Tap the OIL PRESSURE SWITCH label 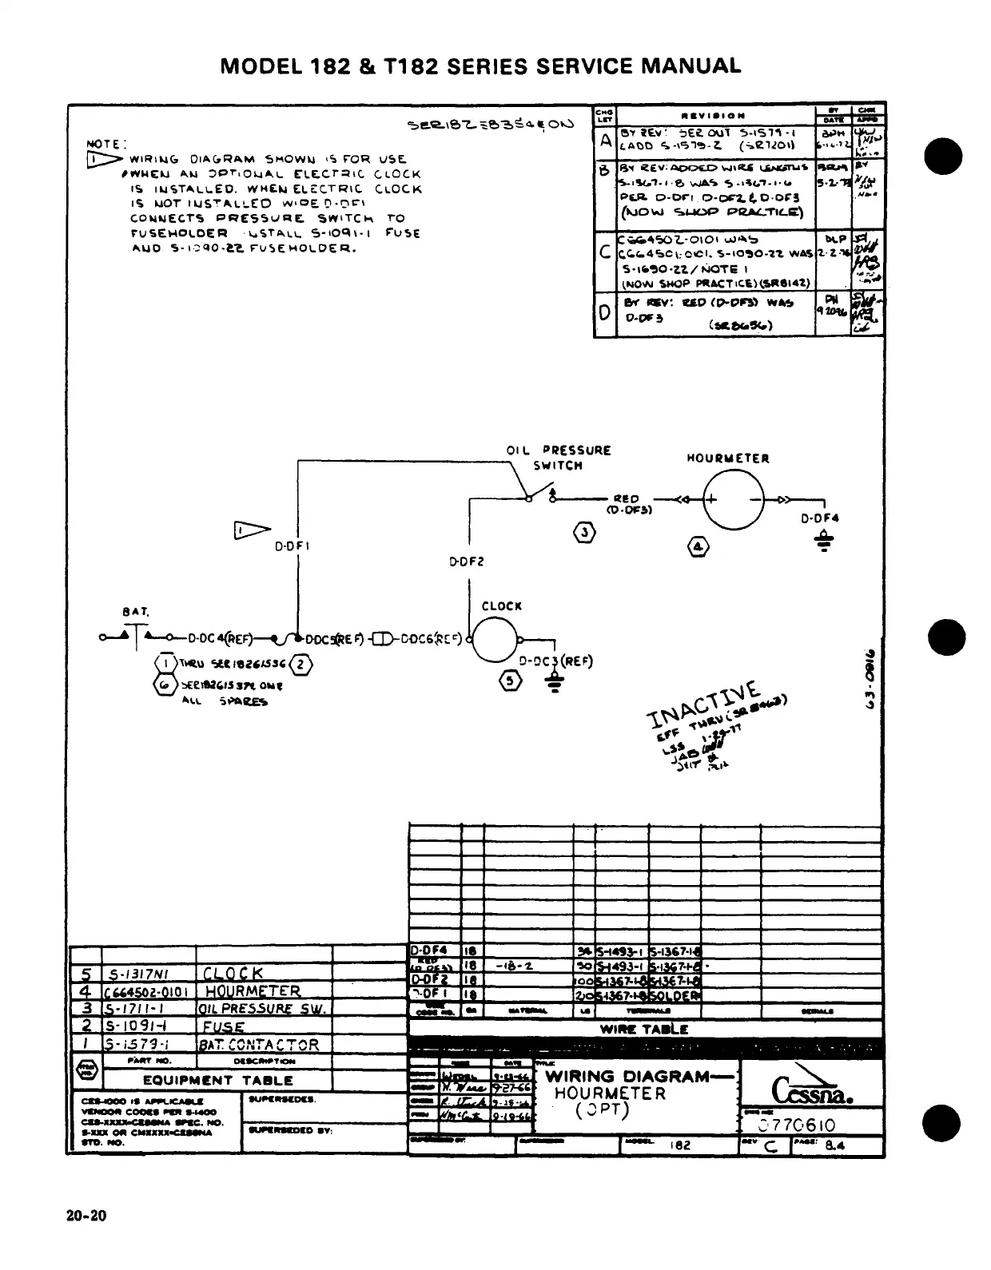[559, 458]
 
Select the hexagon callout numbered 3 [586, 534]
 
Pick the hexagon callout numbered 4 [698, 546]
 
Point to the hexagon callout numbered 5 [512, 680]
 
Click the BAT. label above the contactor [135, 612]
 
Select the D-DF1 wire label [292, 547]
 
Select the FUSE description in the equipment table [223, 1027]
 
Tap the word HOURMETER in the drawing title [610, 1093]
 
